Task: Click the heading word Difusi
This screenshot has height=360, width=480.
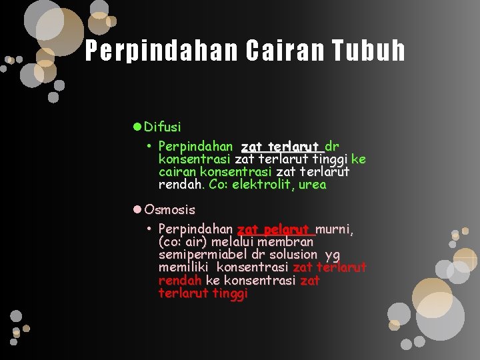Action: pos(162,127)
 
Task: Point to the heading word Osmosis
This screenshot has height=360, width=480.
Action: pos(170,209)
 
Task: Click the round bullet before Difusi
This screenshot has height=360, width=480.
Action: pos(137,127)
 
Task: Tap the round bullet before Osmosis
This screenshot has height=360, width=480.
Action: pos(137,209)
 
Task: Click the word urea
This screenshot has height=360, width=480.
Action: pos(311,185)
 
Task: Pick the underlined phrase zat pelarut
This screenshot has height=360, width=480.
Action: pos(275,229)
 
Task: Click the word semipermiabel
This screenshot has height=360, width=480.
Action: pos(200,255)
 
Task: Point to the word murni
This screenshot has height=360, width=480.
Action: pos(335,229)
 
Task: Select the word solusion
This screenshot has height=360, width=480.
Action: pos(293,255)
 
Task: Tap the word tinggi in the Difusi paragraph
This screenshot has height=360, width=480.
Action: pos(329,159)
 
